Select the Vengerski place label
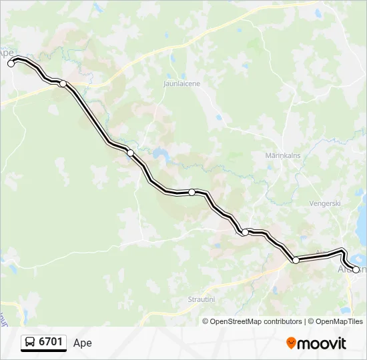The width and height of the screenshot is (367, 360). (326, 203)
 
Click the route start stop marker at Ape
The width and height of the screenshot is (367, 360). (11, 63)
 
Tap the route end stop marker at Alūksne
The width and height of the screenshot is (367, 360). (356, 269)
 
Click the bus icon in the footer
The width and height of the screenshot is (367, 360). (30, 343)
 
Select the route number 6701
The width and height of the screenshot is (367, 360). (51, 343)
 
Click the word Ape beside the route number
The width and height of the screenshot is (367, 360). (83, 343)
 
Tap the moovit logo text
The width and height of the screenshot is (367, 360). (322, 343)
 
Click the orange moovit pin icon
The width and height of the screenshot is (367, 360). (291, 343)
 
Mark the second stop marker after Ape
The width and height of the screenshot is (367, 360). (130, 153)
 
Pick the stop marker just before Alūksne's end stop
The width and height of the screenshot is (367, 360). (296, 260)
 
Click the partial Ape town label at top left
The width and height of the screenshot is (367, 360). (7, 52)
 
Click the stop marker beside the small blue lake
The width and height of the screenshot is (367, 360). (130, 153)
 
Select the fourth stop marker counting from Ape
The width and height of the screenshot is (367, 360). (245, 232)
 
